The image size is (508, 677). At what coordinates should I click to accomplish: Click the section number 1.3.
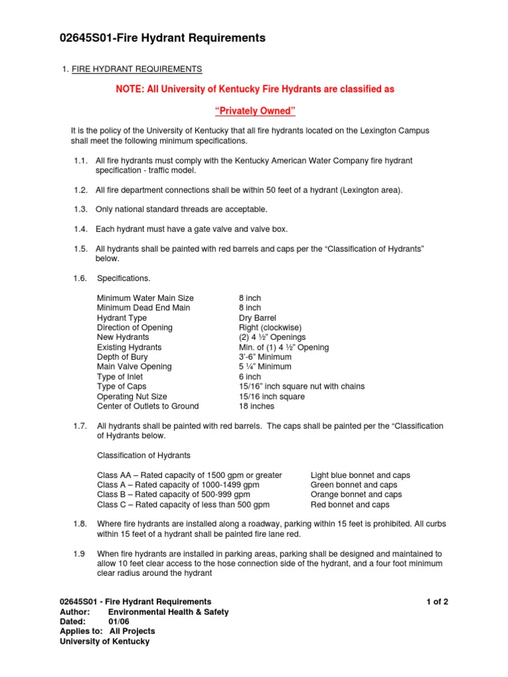(x=80, y=209)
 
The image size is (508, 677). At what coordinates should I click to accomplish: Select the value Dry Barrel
(x=257, y=317)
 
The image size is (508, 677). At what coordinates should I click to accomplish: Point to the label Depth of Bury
(x=122, y=357)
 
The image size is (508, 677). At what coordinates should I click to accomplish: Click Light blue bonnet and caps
(x=360, y=475)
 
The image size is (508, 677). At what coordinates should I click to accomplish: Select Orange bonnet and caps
(x=356, y=494)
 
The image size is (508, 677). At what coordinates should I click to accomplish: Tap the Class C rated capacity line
(x=183, y=504)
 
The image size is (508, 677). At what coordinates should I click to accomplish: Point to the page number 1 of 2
(x=438, y=602)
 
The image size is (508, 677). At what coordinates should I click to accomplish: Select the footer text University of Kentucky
(x=105, y=641)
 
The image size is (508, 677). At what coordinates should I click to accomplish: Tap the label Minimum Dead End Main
(x=143, y=307)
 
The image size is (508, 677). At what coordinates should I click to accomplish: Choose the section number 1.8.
(x=80, y=524)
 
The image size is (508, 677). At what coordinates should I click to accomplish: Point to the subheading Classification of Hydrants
(x=144, y=455)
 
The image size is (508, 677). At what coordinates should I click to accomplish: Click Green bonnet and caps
(x=353, y=485)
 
